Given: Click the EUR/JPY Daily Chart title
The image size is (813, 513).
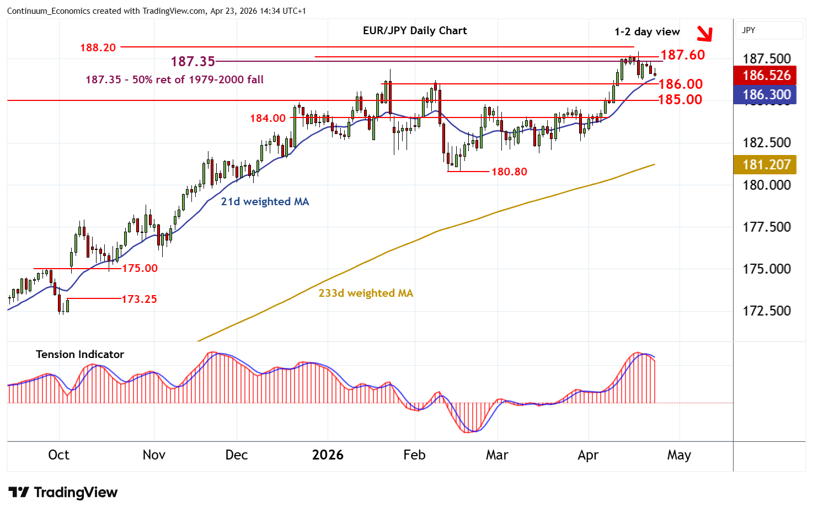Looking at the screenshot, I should click(x=415, y=31).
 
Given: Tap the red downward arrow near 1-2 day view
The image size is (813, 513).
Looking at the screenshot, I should click(x=704, y=34).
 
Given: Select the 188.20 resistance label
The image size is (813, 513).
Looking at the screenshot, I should click(x=98, y=47).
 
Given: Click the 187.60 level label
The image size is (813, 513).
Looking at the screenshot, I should click(x=682, y=55).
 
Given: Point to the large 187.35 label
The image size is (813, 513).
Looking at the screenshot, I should click(x=192, y=61).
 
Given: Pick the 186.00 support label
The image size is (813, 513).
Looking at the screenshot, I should click(x=681, y=84).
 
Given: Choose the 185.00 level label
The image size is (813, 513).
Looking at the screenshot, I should click(x=680, y=99).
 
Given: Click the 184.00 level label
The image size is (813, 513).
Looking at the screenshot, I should click(x=268, y=118).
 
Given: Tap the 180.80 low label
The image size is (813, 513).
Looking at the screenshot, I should click(x=509, y=172).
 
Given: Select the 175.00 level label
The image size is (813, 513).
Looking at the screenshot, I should click(x=140, y=268).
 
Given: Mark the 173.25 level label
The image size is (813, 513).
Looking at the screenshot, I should click(x=139, y=299).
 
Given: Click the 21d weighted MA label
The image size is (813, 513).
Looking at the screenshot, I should click(x=265, y=201).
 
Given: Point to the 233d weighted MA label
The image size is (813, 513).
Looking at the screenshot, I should click(x=366, y=293).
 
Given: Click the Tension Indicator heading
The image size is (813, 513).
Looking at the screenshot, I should click(x=80, y=354).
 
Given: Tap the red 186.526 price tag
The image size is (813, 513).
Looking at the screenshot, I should click(x=766, y=75).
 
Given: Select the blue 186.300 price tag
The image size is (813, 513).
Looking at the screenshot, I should click(x=766, y=94).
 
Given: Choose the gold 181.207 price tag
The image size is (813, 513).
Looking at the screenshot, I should click(x=766, y=164).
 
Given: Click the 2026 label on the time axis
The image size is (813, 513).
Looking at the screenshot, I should click(x=328, y=455).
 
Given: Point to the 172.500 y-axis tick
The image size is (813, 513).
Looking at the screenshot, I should click(x=766, y=311).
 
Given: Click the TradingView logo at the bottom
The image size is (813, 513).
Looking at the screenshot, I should click(x=63, y=492).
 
